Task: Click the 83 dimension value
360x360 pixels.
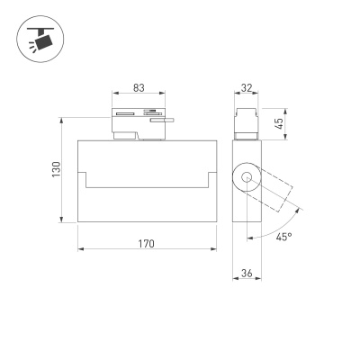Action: tap(139, 88)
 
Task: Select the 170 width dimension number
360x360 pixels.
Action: tap(147, 244)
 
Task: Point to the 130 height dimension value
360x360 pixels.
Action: tap(57, 169)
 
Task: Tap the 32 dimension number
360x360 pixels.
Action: tap(247, 88)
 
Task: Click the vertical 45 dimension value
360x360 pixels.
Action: tap(279, 123)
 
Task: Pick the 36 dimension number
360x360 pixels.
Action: tap(247, 274)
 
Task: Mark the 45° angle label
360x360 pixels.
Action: tap(283, 237)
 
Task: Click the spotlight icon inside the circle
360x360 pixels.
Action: tap(41, 40)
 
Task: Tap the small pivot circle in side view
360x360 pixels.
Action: tap(247, 177)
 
